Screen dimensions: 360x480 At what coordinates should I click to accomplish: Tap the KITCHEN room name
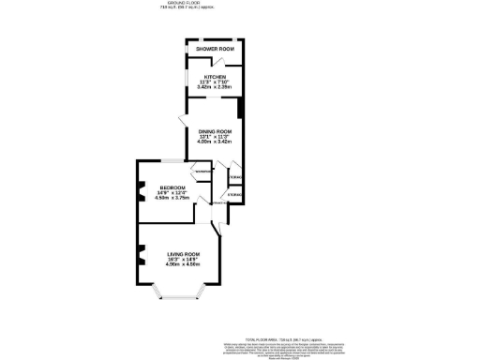click(213, 78)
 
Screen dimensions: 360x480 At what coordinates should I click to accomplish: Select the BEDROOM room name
click(172, 188)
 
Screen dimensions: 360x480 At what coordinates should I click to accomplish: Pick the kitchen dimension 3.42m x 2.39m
click(213, 88)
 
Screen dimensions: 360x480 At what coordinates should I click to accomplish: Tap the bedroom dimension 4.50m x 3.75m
click(172, 199)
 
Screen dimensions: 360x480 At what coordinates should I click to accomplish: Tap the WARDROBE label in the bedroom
click(202, 172)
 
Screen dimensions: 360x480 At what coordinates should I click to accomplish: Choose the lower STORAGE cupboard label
click(234, 195)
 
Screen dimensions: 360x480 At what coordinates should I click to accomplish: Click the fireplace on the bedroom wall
click(142, 191)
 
